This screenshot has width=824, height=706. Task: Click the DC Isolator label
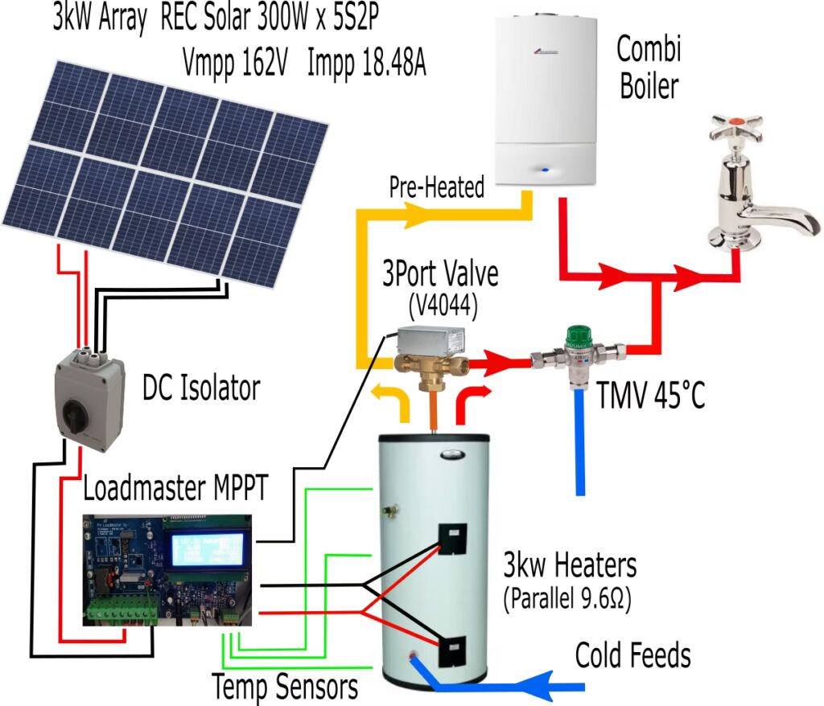click(x=201, y=389)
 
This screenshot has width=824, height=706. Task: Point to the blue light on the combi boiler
click(x=546, y=170)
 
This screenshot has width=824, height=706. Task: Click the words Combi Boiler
click(x=649, y=68)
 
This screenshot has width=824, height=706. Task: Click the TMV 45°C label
click(x=651, y=395)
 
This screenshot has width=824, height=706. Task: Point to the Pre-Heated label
click(x=437, y=188)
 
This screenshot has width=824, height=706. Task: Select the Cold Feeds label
click(x=632, y=656)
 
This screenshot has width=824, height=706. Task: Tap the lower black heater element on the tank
click(x=451, y=649)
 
